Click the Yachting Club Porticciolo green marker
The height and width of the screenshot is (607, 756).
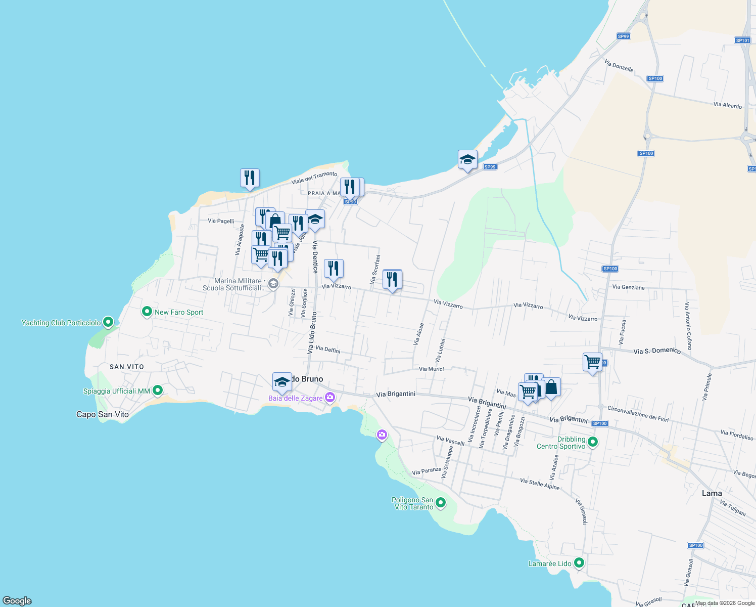(x=108, y=322)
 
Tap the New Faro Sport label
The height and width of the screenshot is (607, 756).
(x=179, y=312)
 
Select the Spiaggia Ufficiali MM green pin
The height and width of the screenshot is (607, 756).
(x=158, y=391)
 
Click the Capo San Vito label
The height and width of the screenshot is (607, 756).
(x=103, y=414)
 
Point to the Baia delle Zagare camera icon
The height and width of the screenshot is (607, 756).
(x=330, y=397)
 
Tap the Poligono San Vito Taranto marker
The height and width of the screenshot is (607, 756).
(x=441, y=502)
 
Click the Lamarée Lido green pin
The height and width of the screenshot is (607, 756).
(x=579, y=562)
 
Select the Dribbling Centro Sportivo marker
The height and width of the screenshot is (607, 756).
(x=593, y=442)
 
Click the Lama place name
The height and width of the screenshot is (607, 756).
(x=712, y=493)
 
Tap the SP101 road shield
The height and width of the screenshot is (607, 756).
(x=742, y=40)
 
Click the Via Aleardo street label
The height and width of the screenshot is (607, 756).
(x=728, y=105)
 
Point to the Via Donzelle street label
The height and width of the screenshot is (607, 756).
(x=619, y=66)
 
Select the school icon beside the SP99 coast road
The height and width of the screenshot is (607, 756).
(x=467, y=160)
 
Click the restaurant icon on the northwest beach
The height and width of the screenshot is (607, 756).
(x=250, y=178)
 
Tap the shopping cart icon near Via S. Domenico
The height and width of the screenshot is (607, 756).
(x=592, y=362)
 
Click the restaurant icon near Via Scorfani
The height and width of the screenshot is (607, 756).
(x=392, y=279)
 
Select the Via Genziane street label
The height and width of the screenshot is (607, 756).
(x=628, y=287)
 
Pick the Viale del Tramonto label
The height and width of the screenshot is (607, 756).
(x=314, y=178)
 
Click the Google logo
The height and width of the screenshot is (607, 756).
(x=17, y=601)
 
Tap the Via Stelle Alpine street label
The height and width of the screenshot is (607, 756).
(x=540, y=484)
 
